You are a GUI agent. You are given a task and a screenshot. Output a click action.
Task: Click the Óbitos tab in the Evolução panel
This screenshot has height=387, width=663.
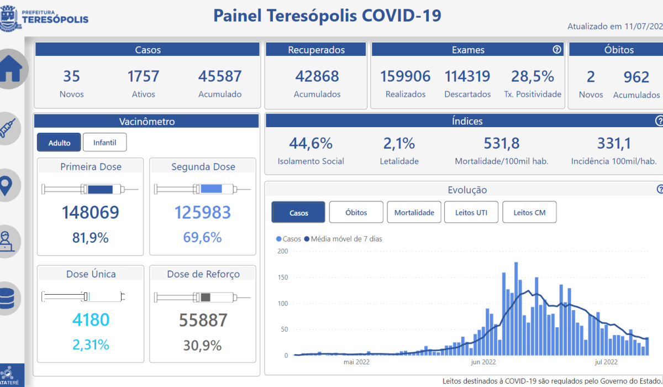(356, 212)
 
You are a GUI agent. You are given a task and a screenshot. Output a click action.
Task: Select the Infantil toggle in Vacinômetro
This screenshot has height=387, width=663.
(104, 143)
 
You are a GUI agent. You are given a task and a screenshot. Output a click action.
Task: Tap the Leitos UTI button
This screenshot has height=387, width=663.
(471, 212)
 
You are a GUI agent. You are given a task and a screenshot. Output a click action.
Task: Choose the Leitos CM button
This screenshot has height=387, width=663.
(529, 212)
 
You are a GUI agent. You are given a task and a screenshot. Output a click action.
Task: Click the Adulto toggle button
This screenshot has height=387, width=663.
(59, 143)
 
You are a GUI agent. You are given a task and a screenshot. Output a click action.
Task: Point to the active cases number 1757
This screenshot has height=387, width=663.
(143, 76)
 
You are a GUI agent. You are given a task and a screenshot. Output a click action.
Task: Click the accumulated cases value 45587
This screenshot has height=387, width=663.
(220, 76)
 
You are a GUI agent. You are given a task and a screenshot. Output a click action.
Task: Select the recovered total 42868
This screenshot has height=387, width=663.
(317, 76)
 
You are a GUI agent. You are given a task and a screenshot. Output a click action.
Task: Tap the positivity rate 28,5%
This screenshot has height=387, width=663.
(533, 76)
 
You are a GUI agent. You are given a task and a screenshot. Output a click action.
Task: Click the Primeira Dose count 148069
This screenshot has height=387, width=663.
(91, 212)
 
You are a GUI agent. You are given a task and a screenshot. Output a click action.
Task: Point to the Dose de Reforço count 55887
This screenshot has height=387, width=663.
(203, 320)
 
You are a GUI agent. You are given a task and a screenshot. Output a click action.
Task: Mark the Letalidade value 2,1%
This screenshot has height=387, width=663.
(399, 144)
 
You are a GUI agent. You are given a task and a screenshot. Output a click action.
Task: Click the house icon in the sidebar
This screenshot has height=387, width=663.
(10, 69)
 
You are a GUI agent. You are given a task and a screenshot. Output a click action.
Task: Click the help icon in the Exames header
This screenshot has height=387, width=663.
(557, 50)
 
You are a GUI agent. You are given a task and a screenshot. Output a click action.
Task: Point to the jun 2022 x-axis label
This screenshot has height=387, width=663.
(483, 363)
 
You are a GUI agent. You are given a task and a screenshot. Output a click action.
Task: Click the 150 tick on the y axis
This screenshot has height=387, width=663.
(283, 278)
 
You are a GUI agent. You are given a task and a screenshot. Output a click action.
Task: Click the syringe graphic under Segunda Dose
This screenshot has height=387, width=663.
(203, 190)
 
